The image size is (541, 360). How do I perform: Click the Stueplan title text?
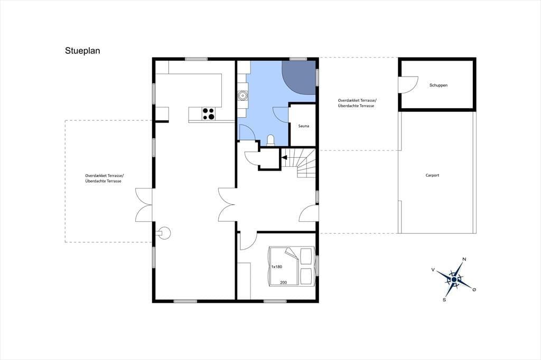82,51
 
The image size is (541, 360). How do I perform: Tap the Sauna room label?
304,126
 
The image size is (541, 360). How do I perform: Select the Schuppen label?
438,85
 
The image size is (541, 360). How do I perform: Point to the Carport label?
432,175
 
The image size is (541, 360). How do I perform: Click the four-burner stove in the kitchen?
208,114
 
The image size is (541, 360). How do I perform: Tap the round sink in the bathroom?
243,96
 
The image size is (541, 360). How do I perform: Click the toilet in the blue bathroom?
271,140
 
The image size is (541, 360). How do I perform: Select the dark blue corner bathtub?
299,77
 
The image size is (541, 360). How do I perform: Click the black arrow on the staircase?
285,158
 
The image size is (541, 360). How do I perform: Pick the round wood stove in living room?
164,233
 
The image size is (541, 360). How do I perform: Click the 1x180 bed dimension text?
277,267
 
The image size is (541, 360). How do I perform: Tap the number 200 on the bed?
283,282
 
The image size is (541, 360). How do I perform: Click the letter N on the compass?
464,259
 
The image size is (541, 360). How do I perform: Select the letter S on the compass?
444,300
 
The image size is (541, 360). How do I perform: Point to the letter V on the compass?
433,270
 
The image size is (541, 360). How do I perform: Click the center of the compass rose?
454,279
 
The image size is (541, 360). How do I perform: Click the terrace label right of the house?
357,103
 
